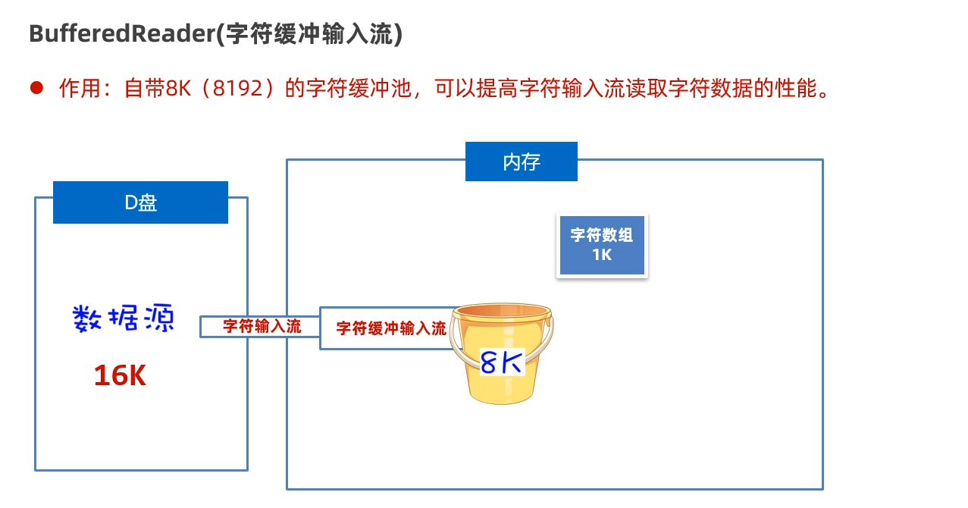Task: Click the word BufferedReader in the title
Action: pyautogui.click(x=121, y=35)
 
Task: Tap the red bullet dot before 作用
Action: pyautogui.click(x=36, y=88)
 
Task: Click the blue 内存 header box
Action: pyautogui.click(x=521, y=161)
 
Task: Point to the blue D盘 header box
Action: pyautogui.click(x=140, y=202)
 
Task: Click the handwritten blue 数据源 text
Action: pyautogui.click(x=124, y=319)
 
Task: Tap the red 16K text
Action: pyautogui.click(x=120, y=375)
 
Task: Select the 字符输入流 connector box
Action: pyautogui.click(x=262, y=327)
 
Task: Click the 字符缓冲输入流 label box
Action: pyautogui.click(x=390, y=328)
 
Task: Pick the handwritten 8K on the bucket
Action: pyautogui.click(x=502, y=362)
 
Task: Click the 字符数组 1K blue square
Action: pyautogui.click(x=602, y=244)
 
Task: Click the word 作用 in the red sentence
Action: pyautogui.click(x=80, y=89)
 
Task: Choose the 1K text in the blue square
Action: pyautogui.click(x=602, y=255)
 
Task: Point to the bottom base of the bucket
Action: pyautogui.click(x=501, y=396)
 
